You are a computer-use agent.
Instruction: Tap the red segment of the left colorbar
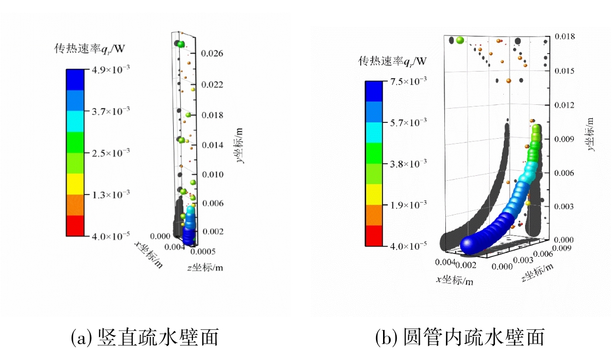click(x=75, y=226)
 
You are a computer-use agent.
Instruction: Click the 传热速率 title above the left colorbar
click(x=90, y=49)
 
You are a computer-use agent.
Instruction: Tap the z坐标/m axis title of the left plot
click(x=204, y=268)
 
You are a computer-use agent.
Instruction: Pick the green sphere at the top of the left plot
click(x=181, y=44)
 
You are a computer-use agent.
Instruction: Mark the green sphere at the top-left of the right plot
click(x=460, y=40)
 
